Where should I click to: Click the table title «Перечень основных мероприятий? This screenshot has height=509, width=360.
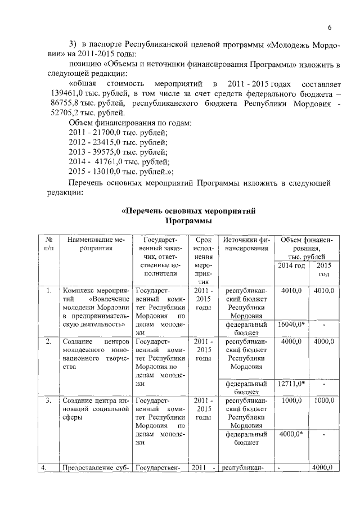coord(189,211)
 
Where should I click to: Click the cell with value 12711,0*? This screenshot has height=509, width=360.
coord(291,384)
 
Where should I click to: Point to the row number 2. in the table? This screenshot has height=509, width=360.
coord(49,341)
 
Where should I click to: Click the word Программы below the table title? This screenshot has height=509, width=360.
coord(189,222)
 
